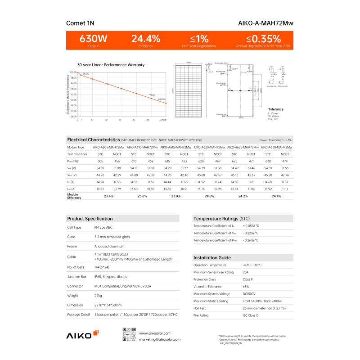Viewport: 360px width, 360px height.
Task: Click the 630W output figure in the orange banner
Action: [x=93, y=39]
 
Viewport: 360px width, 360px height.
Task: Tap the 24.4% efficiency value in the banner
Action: [x=145, y=39]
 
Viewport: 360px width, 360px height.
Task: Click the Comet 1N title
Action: [x=81, y=22]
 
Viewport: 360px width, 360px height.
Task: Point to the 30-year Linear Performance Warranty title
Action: [x=111, y=65]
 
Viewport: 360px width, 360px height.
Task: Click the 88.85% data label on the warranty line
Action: [x=162, y=99]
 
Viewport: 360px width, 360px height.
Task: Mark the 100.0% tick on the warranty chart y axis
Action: [x=73, y=72]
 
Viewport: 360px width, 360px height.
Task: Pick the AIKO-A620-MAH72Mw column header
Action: [x=209, y=147]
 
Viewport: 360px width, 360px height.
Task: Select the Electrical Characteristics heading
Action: [x=93, y=140]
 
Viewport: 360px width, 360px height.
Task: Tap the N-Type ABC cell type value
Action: [x=103, y=228]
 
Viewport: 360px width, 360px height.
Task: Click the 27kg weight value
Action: [x=99, y=296]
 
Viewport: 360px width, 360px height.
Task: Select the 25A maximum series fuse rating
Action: [x=246, y=272]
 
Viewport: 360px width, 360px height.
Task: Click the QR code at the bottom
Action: [x=130, y=336]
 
